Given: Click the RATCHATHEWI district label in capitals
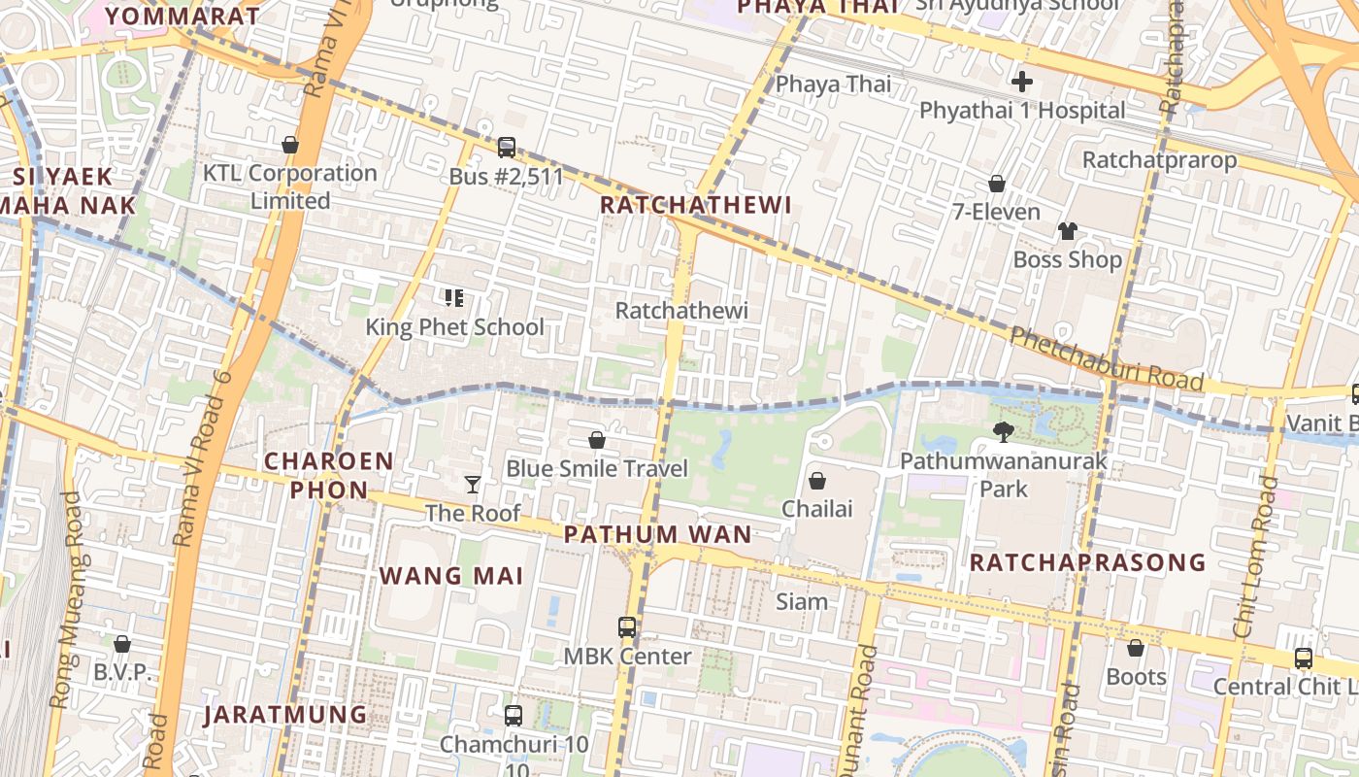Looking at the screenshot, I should (x=695, y=205).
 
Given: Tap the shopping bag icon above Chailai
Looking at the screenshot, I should (x=817, y=481).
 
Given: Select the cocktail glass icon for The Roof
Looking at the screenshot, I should (x=473, y=484).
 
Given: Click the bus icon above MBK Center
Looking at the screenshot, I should (x=627, y=627).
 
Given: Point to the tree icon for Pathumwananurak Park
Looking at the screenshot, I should (x=1004, y=431).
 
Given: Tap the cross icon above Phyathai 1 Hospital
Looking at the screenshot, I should (x=1021, y=82).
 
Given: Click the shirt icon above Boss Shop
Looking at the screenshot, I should (x=1067, y=231).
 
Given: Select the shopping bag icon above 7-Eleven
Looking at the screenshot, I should (x=996, y=184).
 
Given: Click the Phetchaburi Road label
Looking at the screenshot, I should (x=1107, y=359).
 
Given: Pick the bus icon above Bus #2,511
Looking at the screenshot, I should (x=506, y=148).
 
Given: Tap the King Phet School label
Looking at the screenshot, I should (x=454, y=327).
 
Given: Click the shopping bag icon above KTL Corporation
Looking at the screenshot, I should (x=289, y=145).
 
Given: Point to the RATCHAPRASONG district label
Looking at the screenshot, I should (x=1087, y=562).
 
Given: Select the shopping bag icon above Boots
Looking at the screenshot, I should (x=1135, y=648).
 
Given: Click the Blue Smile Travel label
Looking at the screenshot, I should (x=596, y=469).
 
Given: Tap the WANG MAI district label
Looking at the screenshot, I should (x=451, y=576).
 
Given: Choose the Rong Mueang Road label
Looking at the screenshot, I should (x=67, y=599).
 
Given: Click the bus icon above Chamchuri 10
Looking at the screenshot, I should (x=514, y=716).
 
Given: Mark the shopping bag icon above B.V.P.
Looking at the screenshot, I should (x=122, y=644).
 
